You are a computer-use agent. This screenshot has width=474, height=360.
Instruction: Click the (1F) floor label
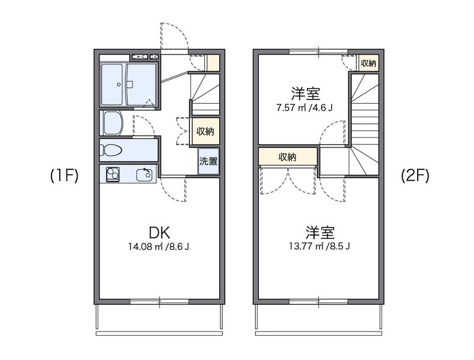65,176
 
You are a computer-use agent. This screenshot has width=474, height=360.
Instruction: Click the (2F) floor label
415,176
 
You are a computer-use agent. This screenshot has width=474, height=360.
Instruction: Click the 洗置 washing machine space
207,161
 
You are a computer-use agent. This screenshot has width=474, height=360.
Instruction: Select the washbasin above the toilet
113,123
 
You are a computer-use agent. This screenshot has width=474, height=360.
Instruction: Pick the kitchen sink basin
144,175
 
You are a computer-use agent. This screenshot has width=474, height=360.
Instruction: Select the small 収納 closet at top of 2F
369,63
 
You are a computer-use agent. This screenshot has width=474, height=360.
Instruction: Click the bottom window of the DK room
159,301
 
